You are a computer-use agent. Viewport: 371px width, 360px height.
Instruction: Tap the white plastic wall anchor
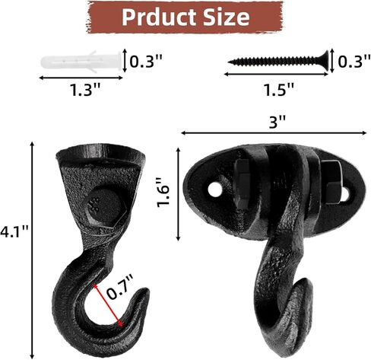[81, 62]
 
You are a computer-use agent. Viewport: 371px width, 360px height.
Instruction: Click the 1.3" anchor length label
[85, 90]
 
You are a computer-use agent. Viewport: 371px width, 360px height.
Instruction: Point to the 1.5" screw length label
[279, 89]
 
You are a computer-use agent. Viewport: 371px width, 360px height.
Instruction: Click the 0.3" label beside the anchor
[146, 62]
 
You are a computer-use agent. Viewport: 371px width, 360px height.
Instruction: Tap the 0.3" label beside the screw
[354, 62]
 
